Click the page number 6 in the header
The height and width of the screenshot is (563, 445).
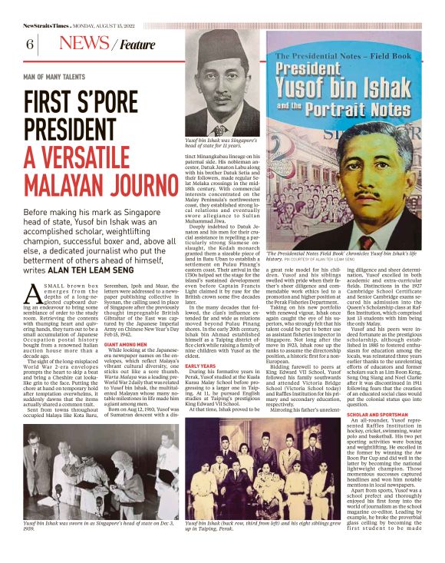(30, 45)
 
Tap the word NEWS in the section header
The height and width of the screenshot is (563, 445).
(83, 44)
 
